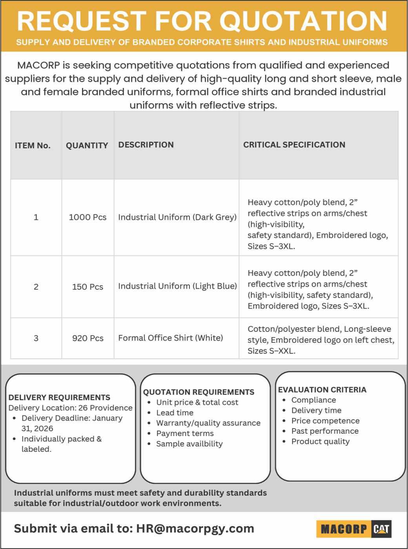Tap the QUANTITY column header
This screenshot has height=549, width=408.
click(x=87, y=145)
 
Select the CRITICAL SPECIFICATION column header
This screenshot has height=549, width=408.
click(x=294, y=145)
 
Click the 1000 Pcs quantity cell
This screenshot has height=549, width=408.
click(x=87, y=217)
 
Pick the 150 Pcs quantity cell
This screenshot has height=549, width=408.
click(x=87, y=287)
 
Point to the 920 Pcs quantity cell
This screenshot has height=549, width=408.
click(x=87, y=338)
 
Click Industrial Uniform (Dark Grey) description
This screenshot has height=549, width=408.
click(x=177, y=217)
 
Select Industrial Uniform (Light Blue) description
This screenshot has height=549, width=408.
click(x=177, y=286)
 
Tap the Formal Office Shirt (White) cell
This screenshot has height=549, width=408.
click(x=170, y=338)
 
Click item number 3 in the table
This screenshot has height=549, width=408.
click(x=36, y=338)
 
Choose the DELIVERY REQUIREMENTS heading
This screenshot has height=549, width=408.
click(x=59, y=397)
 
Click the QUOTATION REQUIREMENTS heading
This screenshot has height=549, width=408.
click(x=199, y=392)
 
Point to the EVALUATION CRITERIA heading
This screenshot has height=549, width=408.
click(x=322, y=390)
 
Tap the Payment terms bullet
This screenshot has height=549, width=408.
click(x=185, y=433)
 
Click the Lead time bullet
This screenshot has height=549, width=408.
click(x=175, y=413)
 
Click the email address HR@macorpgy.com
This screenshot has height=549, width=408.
click(x=195, y=529)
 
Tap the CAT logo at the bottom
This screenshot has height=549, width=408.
click(x=381, y=529)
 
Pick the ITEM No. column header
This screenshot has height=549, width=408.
click(x=33, y=145)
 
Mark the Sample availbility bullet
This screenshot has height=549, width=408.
click(x=189, y=444)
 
